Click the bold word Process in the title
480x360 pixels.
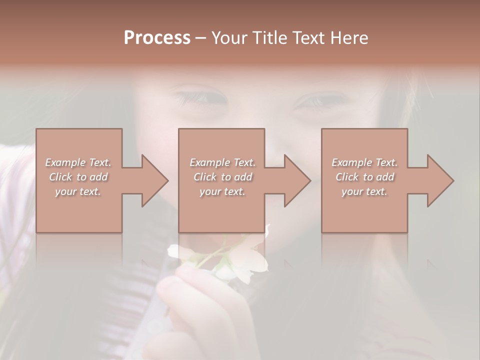click(157, 38)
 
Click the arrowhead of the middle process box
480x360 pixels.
click(297, 180)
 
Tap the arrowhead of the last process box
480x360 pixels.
click(440, 180)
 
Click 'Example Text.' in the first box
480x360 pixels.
click(78, 162)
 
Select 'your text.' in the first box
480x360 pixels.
click(78, 191)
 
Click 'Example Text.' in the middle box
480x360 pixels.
click(222, 162)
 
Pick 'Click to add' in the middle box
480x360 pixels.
click(222, 177)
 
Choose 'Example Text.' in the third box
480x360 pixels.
click(364, 162)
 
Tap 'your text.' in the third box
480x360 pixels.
click(364, 191)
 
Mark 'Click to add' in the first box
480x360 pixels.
click(78, 177)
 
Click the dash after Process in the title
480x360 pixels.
click(200, 38)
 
